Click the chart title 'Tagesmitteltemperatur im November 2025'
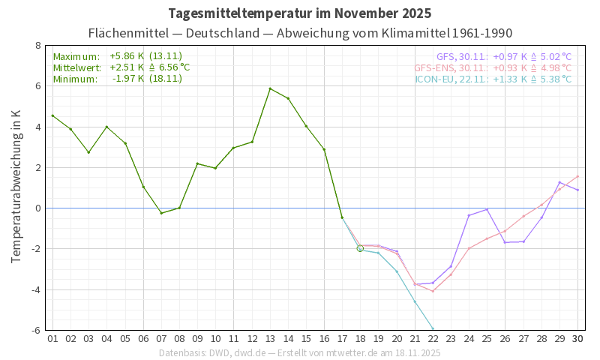coord(300,13)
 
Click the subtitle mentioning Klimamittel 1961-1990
coord(300,33)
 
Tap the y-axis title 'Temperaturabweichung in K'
coord(16,186)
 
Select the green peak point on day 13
coord(270,88)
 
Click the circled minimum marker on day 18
coord(360,248)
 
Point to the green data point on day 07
coord(161,213)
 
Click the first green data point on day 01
coord(52,115)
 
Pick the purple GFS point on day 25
coord(487,209)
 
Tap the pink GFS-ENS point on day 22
coord(433,291)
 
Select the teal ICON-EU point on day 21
coord(415,301)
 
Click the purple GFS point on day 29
coord(559,182)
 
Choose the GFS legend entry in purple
coord(503,56)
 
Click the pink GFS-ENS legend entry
coord(493,67)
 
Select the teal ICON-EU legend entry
coord(493,79)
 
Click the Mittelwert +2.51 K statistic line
coord(121,67)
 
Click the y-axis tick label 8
coord(37,46)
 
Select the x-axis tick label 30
coord(577,338)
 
